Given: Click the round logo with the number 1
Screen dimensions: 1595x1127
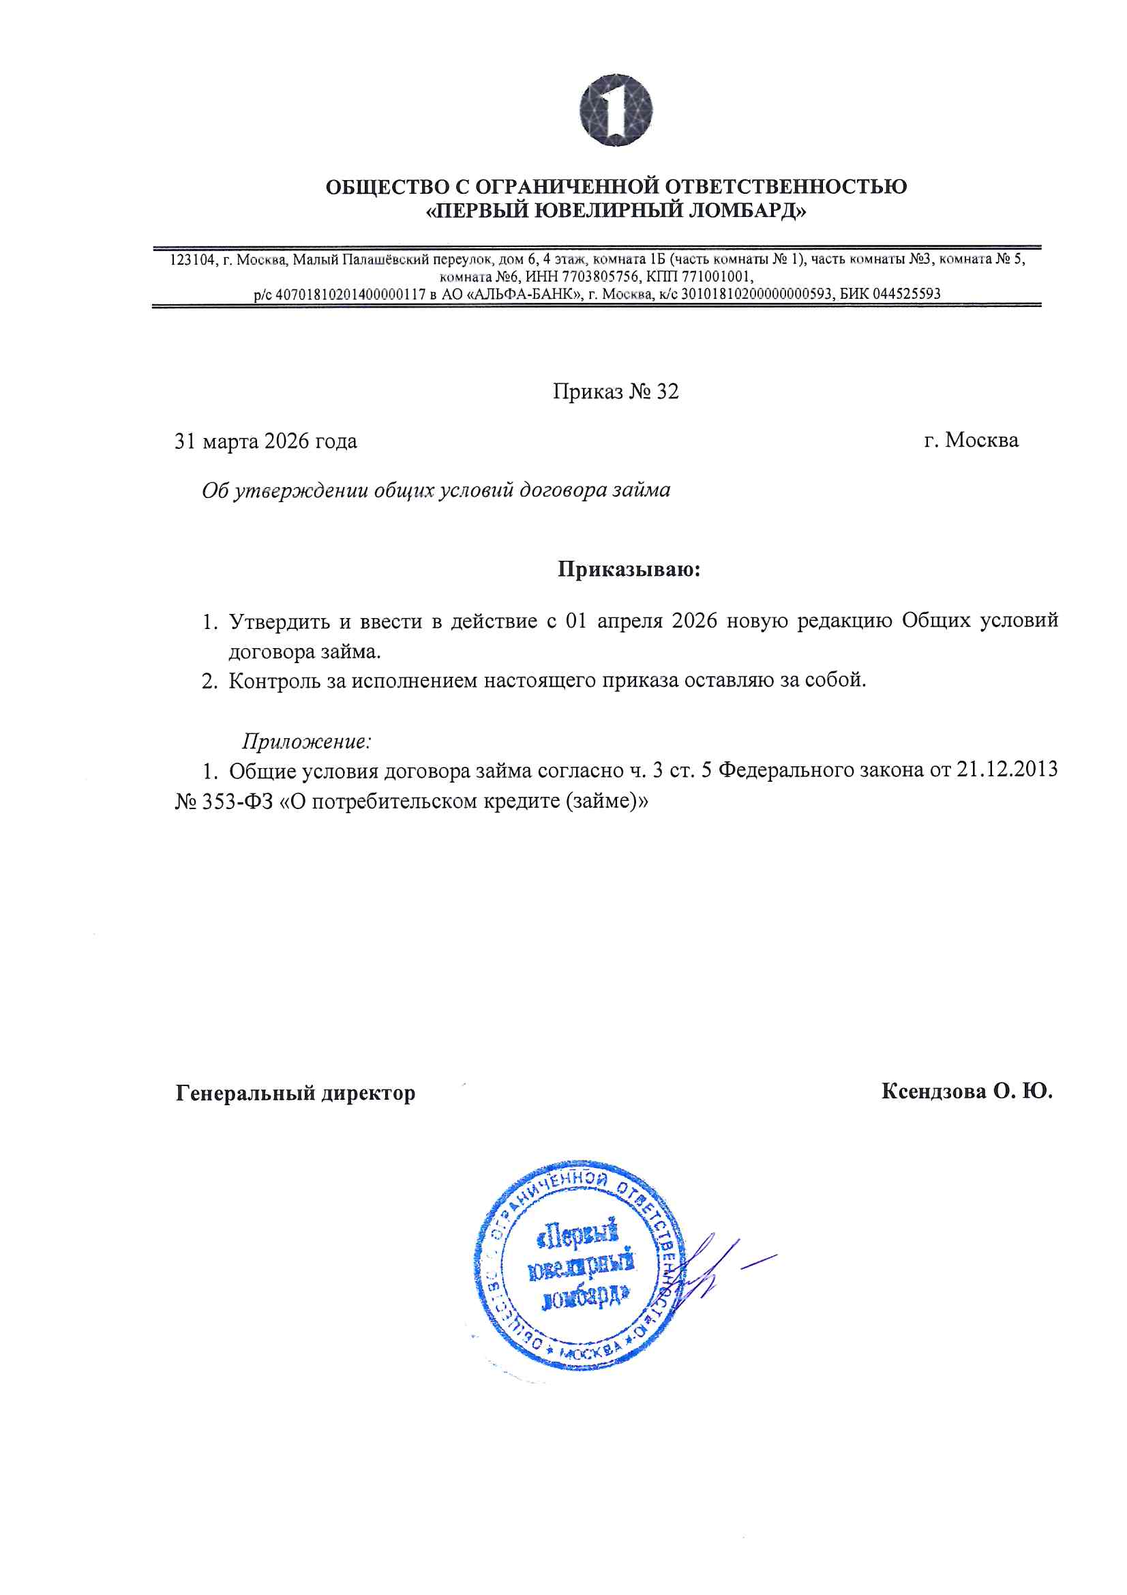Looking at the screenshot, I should (x=615, y=110).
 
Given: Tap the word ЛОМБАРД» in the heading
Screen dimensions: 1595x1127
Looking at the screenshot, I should (x=747, y=211).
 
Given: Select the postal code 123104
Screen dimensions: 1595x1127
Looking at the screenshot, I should (x=192, y=260).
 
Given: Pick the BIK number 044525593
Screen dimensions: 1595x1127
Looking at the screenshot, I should (x=906, y=293).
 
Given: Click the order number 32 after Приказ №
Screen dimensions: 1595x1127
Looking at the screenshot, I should (x=667, y=392).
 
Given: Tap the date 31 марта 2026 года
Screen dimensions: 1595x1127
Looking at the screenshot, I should (x=266, y=441).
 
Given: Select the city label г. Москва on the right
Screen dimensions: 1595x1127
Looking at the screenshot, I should (x=971, y=440).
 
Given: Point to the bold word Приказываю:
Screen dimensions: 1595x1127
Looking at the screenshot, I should (x=629, y=570).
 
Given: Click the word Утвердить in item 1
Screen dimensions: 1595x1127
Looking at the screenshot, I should (x=279, y=620).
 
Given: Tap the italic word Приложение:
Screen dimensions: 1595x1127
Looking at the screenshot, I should (x=306, y=742).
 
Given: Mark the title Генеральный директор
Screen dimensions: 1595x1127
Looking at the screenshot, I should (x=295, y=1093).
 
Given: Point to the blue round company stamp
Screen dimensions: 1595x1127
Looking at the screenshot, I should (x=580, y=1264).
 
